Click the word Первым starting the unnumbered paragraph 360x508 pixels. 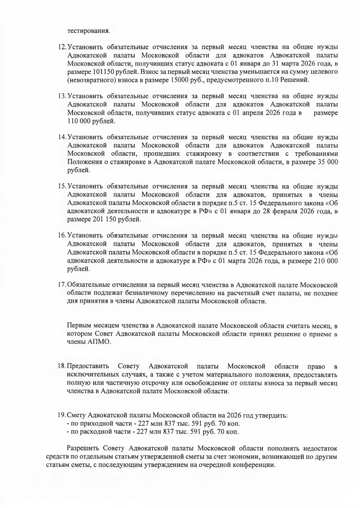[x=79, y=325]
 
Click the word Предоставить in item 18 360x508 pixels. [x=88, y=366]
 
